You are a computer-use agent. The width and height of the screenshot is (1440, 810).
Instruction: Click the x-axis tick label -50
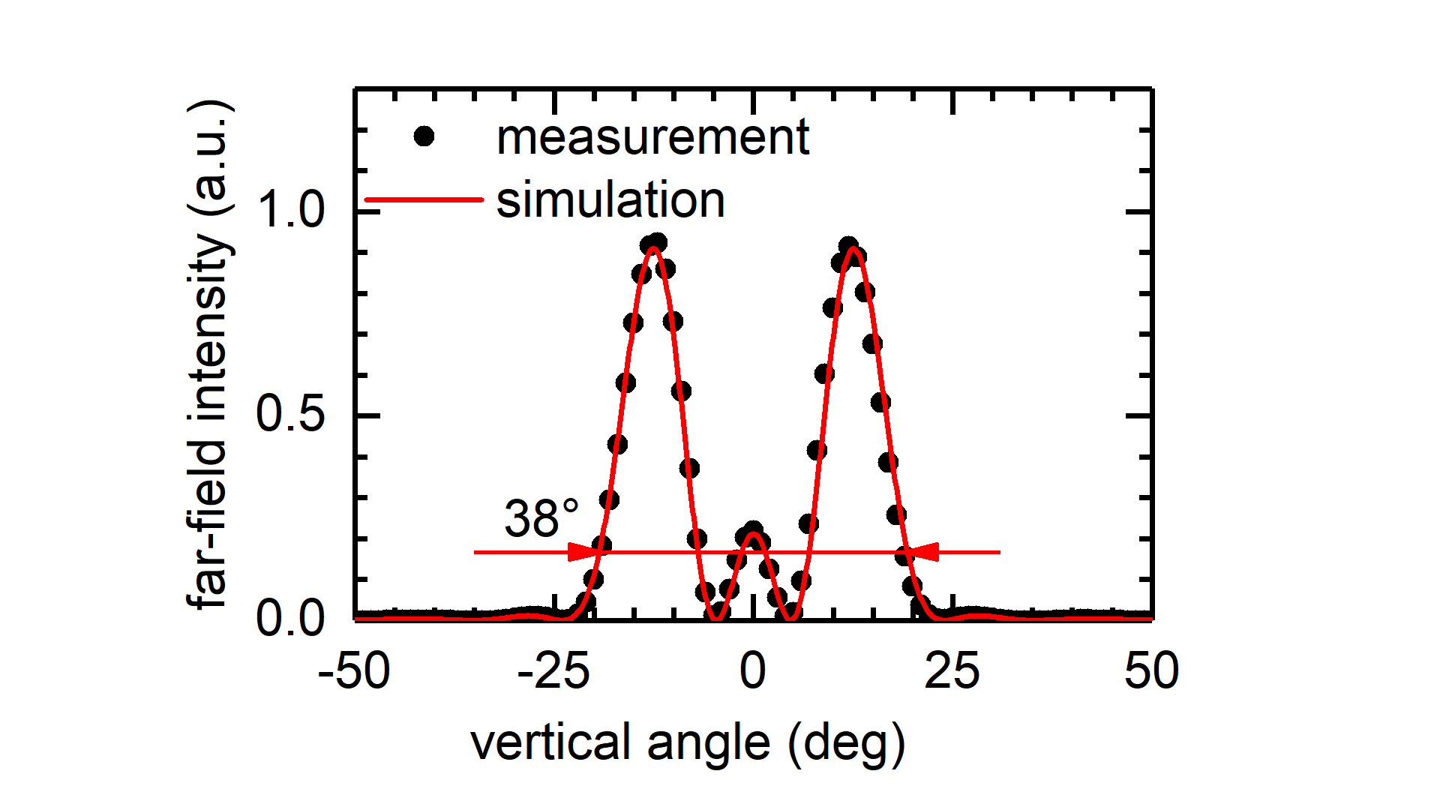(354, 671)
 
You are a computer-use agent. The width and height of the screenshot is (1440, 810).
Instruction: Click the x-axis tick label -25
(553, 671)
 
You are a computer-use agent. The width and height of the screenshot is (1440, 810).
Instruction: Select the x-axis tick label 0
(753, 671)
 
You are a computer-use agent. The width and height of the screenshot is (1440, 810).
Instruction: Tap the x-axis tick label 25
(952, 671)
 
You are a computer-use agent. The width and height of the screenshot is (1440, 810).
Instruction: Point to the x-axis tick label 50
(1151, 671)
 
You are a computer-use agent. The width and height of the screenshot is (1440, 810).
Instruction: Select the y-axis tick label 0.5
(291, 413)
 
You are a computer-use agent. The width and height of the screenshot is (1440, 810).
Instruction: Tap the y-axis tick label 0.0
(291, 619)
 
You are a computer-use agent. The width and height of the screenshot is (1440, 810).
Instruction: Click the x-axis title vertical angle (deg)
(688, 744)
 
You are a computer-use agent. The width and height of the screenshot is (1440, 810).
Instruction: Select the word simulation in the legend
(610, 200)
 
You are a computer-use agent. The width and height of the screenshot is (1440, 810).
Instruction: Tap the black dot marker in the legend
(424, 136)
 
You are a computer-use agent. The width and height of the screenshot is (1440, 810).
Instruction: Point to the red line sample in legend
(424, 199)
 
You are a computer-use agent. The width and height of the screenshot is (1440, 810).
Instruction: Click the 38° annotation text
(541, 518)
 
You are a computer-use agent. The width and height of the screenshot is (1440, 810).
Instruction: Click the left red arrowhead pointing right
(583, 553)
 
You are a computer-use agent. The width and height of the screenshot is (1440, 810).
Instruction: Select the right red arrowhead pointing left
(923, 553)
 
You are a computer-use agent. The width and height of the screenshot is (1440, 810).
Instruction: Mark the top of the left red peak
(654, 247)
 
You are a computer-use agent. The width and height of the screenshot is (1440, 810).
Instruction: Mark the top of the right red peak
(853, 249)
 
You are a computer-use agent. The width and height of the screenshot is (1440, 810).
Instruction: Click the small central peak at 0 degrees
(754, 534)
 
